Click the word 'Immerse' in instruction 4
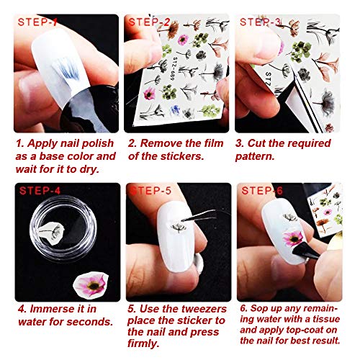50,311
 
